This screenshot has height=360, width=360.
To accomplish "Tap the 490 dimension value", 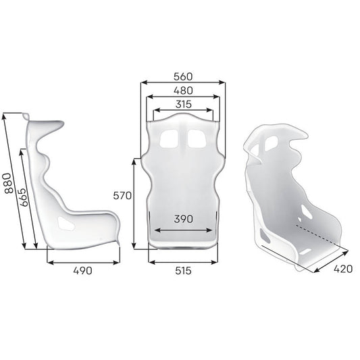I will [82, 270].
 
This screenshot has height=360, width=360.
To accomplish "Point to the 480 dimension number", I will [182, 90].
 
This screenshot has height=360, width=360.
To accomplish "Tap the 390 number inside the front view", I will [182, 219].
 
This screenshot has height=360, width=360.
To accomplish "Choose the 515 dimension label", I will [182, 270].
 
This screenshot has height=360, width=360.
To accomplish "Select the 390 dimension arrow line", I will [182, 230].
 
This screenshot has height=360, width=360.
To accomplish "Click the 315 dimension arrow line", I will [182, 111].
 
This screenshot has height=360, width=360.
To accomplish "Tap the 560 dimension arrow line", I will [182, 83].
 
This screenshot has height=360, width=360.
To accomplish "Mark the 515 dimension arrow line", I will [182, 261].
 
